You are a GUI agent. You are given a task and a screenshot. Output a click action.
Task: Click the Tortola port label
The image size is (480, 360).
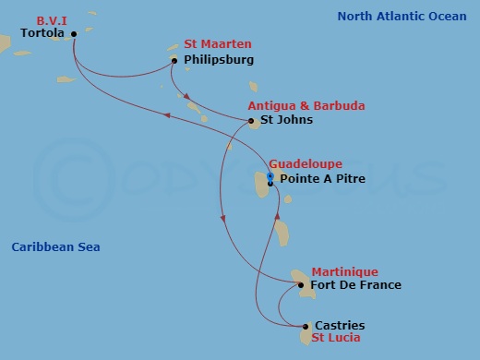42,34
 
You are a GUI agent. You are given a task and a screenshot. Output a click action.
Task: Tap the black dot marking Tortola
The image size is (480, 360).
74,34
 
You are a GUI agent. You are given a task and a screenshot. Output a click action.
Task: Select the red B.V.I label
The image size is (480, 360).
54,20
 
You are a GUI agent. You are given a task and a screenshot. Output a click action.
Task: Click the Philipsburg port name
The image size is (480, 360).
219,60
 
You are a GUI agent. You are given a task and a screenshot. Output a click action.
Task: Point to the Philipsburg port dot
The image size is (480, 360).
174,61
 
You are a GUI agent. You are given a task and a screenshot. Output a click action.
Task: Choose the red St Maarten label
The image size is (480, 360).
217,44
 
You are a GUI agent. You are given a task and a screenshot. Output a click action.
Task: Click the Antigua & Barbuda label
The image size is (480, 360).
306,106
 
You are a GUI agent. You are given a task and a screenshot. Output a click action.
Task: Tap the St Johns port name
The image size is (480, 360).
286,120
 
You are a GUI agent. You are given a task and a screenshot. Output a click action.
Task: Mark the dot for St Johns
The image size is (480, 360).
252,121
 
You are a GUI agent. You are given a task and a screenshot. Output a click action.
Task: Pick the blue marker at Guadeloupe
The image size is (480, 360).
270,175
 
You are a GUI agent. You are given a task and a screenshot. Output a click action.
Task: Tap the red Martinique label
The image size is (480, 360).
344,271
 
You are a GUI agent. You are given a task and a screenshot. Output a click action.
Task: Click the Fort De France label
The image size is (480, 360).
356,285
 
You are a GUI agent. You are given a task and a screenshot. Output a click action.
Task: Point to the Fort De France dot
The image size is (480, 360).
301,285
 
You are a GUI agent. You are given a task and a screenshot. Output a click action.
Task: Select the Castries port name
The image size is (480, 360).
340,326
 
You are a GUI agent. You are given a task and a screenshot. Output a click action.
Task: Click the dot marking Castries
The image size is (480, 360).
306,326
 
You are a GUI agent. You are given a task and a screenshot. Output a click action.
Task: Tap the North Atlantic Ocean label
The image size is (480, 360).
402,16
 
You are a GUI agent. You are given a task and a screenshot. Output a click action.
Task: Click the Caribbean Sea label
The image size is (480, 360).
55,247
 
